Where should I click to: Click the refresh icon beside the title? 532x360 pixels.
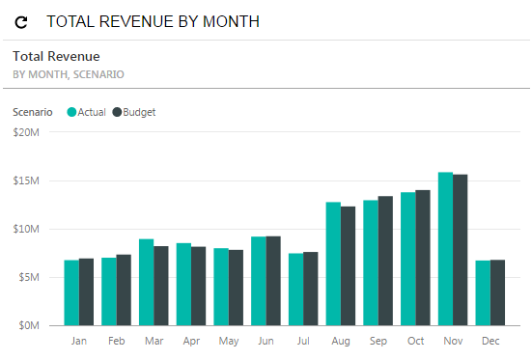21,20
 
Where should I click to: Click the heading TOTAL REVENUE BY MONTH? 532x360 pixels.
153,20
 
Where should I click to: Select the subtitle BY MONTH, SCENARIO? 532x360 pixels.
68,73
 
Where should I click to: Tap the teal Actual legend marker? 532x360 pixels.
71,112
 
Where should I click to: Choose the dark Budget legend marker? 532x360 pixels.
117,112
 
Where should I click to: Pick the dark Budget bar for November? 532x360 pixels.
460,250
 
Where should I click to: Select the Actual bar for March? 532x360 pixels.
146,282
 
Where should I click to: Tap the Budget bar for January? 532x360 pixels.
86,291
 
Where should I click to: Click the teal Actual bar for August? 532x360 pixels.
333,263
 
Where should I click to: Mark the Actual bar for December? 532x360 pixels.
483,292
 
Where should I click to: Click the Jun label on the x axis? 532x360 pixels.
266,341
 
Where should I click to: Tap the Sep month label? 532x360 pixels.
378,341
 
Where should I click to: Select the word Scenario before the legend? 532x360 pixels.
33,112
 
